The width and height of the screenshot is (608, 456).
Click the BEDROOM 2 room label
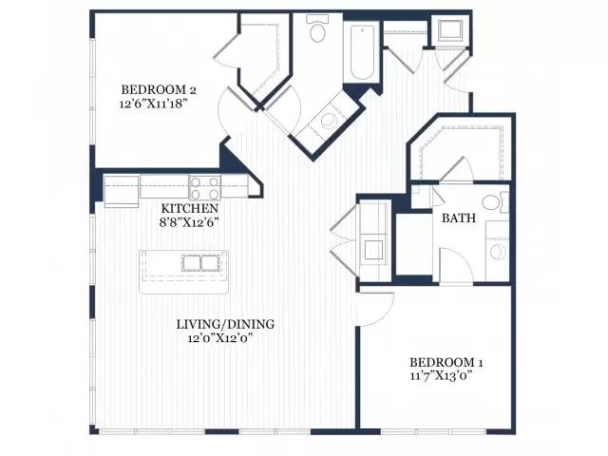[159, 89]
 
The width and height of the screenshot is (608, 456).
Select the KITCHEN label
[190, 209]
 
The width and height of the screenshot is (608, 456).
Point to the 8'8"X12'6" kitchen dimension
[190, 222]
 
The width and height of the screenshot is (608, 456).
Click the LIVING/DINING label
[225, 324]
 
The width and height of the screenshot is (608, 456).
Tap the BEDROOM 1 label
[446, 363]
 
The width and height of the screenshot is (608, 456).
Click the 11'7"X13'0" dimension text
[441, 376]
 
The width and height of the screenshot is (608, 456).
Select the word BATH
[459, 218]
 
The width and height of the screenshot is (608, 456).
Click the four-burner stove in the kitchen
[205, 187]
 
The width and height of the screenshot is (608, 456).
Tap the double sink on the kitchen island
[200, 263]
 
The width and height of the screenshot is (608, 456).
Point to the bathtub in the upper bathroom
[362, 53]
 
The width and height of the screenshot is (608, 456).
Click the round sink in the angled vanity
[329, 121]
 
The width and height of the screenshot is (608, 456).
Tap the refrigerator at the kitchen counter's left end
[122, 191]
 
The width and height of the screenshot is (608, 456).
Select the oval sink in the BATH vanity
[497, 252]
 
